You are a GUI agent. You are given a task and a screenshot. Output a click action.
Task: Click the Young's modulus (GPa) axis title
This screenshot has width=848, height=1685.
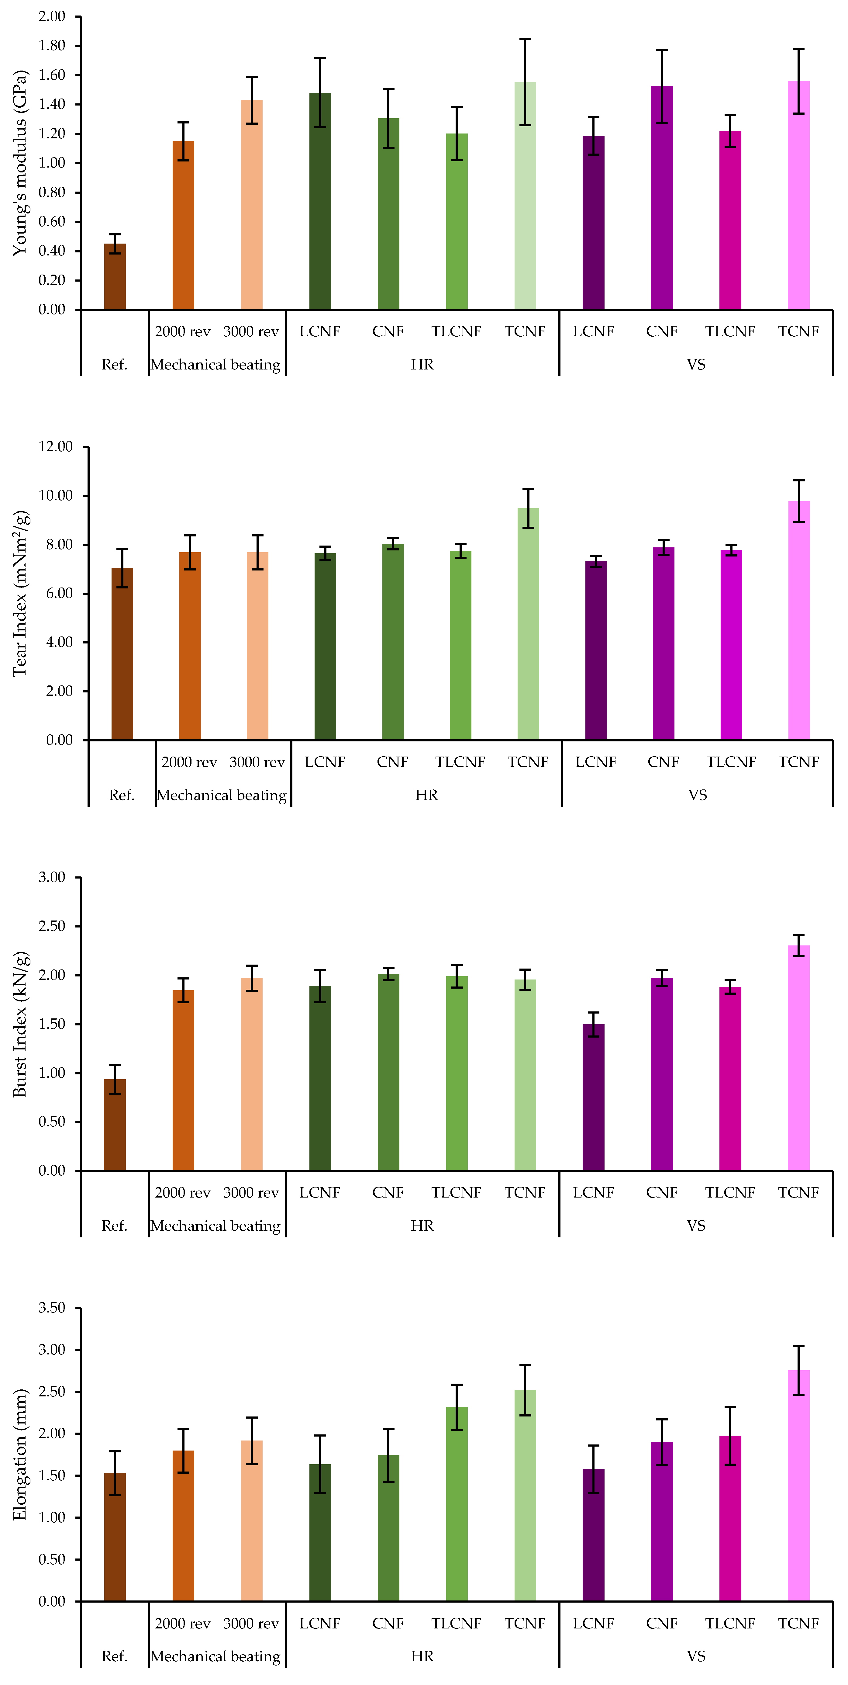(21, 163)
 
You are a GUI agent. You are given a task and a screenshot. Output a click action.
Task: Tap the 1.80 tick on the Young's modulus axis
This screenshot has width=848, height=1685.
(52, 46)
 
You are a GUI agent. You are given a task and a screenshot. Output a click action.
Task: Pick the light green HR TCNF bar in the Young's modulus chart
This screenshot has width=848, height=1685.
(525, 196)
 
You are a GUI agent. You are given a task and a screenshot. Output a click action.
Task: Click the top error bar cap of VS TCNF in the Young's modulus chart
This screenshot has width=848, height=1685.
(798, 49)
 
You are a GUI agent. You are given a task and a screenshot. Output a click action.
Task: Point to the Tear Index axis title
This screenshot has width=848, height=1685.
(21, 593)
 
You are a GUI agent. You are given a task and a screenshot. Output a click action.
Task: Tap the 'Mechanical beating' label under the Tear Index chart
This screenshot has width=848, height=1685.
(222, 796)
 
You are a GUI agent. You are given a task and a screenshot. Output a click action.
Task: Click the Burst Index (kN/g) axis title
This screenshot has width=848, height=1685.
(21, 1024)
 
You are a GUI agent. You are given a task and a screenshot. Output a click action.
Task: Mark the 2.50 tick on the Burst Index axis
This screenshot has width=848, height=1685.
(52, 926)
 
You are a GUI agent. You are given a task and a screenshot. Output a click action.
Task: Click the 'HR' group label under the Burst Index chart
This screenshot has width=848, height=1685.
(422, 1226)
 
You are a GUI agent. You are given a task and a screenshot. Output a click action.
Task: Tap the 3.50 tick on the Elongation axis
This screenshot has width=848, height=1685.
(52, 1308)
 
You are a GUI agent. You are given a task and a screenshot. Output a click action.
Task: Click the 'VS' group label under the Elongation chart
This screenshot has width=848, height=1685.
(696, 1656)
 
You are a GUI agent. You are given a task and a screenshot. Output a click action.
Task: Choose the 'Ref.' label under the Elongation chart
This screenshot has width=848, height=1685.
(114, 1656)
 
